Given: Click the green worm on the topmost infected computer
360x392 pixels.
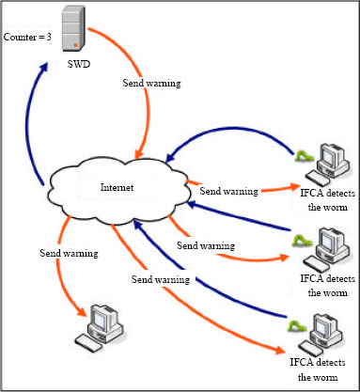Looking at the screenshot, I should tap(303, 155).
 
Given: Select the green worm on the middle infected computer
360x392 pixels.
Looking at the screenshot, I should tap(300, 241).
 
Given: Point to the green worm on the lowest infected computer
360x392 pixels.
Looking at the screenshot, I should tap(297, 326).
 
